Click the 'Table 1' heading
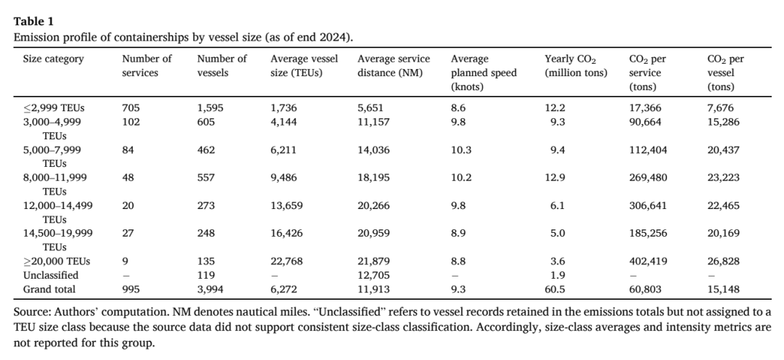(x=33, y=22)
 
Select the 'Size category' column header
(x=54, y=59)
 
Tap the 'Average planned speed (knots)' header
(x=483, y=73)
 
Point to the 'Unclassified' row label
(x=51, y=275)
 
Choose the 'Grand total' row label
(x=49, y=289)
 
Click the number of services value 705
(x=131, y=108)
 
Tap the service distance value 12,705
(x=373, y=275)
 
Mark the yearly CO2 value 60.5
(x=555, y=289)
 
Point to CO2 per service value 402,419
(x=648, y=261)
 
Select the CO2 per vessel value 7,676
(x=720, y=108)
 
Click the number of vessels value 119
(x=205, y=275)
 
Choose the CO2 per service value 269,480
(x=648, y=178)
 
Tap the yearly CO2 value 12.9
(x=555, y=178)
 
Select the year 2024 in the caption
(x=336, y=38)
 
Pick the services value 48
(x=128, y=178)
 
